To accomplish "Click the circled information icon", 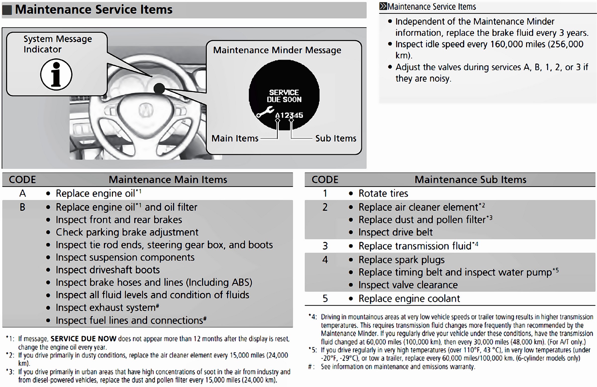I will pyautogui.click(x=56, y=75).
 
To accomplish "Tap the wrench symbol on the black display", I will pyautogui.click(x=265, y=112).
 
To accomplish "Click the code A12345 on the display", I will pyautogui.click(x=289, y=115).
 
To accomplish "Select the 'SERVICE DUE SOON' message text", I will pyautogui.click(x=284, y=96).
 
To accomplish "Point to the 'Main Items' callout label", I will pyautogui.click(x=235, y=139).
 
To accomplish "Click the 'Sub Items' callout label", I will pyautogui.click(x=336, y=139).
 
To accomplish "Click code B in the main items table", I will pyautogui.click(x=22, y=207).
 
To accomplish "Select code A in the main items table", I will pyautogui.click(x=22, y=193).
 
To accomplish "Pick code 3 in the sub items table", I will pyautogui.click(x=325, y=246).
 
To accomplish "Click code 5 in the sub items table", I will pyautogui.click(x=325, y=298).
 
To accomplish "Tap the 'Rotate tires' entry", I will pyautogui.click(x=383, y=193).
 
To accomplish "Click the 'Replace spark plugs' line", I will pyautogui.click(x=401, y=260).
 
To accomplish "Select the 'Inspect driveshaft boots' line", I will pyautogui.click(x=108, y=270).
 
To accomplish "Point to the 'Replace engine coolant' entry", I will pyautogui.click(x=409, y=298).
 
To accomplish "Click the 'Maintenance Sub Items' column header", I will pyautogui.click(x=470, y=180).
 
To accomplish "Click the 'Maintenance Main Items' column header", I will pyautogui.click(x=168, y=180).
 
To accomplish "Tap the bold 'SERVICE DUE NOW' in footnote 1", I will pyautogui.click(x=83, y=339).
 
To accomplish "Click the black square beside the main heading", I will pyautogui.click(x=7, y=10).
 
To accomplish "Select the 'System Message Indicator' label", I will pyautogui.click(x=57, y=44).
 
